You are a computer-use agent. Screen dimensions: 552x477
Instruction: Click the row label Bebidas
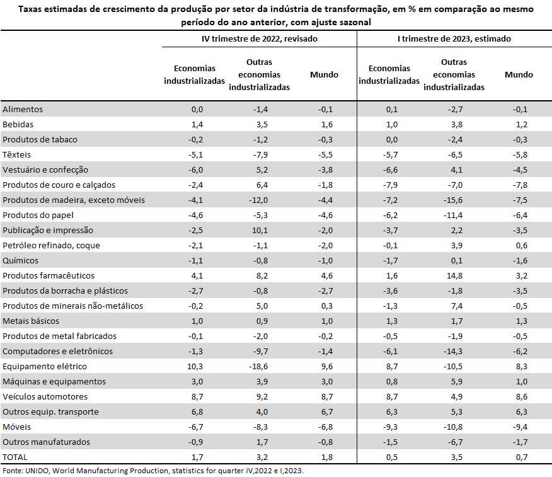pos(18,124)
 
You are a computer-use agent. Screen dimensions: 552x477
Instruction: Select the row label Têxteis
pos(16,154)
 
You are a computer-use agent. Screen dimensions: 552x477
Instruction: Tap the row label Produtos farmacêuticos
pos(49,275)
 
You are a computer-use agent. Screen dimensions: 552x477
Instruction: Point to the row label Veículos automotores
pos(45,397)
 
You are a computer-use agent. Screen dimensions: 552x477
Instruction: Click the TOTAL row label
pos(14,457)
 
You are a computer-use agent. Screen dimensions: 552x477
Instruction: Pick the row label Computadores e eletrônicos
pos(58,352)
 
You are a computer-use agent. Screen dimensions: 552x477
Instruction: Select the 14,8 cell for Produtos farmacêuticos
pos(454,275)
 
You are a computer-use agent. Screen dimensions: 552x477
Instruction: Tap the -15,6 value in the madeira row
pos(453,200)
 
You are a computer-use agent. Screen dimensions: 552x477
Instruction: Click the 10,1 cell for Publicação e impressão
pos(260,230)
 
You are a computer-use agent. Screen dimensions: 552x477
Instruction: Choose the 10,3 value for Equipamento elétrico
pos(195,367)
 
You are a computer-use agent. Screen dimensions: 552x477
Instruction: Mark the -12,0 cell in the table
pos(258,200)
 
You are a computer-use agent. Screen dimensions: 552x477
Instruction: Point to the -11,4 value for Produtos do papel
pos(453,215)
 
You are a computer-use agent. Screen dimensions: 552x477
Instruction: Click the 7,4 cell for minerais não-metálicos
pos(457,306)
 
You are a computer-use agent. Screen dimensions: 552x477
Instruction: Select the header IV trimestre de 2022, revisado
pos(260,38)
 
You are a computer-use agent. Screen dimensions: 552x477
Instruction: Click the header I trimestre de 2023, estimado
pos(454,38)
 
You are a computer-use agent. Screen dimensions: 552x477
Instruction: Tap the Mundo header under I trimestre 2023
pos(519,74)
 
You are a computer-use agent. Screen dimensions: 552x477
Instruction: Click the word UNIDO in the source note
pos(38,471)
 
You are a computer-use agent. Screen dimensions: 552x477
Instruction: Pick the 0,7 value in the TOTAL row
pos(522,457)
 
